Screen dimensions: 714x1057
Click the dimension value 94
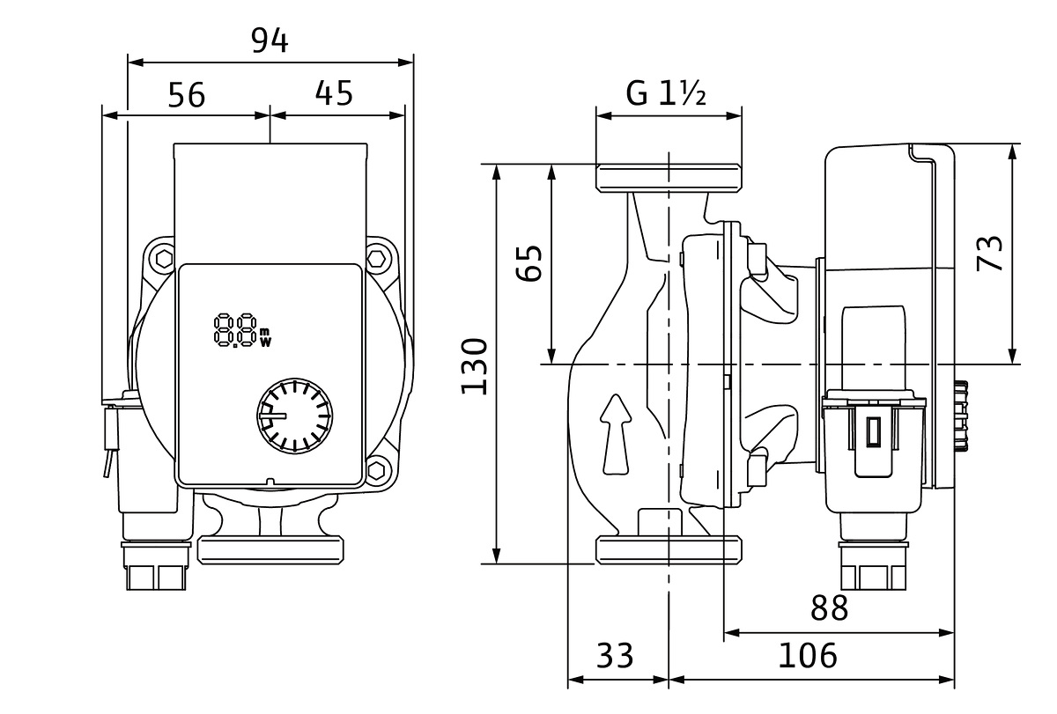(270, 40)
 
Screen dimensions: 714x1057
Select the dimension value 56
(186, 94)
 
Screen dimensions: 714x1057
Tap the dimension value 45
(334, 92)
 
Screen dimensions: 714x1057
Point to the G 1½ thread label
(667, 92)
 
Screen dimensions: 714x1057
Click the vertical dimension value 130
(473, 365)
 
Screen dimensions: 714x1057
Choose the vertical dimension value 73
(991, 254)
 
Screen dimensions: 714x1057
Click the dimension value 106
(807, 656)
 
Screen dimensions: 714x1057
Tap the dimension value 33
(615, 656)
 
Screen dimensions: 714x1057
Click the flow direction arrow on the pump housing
(616, 436)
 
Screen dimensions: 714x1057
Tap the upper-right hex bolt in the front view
(378, 259)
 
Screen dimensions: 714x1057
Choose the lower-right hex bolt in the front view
(378, 470)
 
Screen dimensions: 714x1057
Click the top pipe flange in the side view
(669, 178)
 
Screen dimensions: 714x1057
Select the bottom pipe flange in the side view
(669, 549)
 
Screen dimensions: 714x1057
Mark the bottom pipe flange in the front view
(270, 550)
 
